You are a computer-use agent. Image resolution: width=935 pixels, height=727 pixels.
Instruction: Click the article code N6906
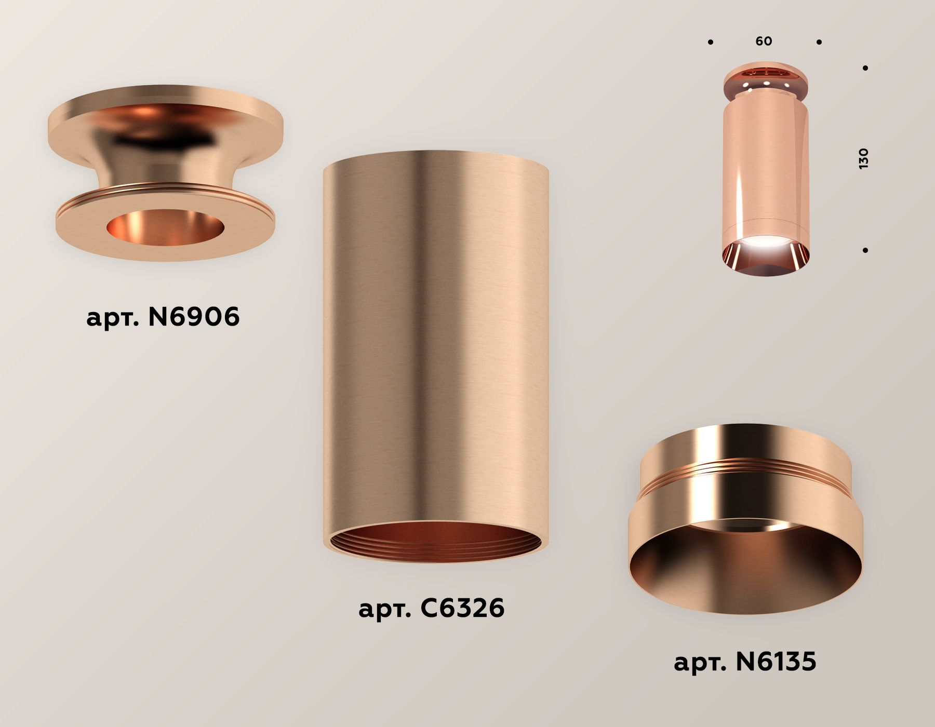(x=194, y=316)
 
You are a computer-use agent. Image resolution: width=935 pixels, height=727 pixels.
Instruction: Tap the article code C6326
(x=462, y=608)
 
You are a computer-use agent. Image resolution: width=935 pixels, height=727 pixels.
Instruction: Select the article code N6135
(x=776, y=662)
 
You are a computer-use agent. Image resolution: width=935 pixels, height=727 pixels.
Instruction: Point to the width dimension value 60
(x=764, y=41)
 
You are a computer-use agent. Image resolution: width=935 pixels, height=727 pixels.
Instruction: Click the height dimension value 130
(x=863, y=158)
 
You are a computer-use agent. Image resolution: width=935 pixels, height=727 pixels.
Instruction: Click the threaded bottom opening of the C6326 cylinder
(x=435, y=543)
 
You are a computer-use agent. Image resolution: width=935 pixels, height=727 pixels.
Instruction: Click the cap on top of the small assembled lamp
(x=765, y=78)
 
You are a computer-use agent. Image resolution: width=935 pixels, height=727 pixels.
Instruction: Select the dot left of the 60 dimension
(x=710, y=42)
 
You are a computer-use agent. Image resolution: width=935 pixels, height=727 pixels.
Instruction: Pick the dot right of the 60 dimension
(x=819, y=42)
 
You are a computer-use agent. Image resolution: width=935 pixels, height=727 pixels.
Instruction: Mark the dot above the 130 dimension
(x=865, y=68)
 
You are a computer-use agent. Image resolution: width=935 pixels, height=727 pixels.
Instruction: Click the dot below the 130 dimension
(x=865, y=250)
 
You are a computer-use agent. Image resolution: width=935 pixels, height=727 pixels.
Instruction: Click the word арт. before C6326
(x=384, y=609)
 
